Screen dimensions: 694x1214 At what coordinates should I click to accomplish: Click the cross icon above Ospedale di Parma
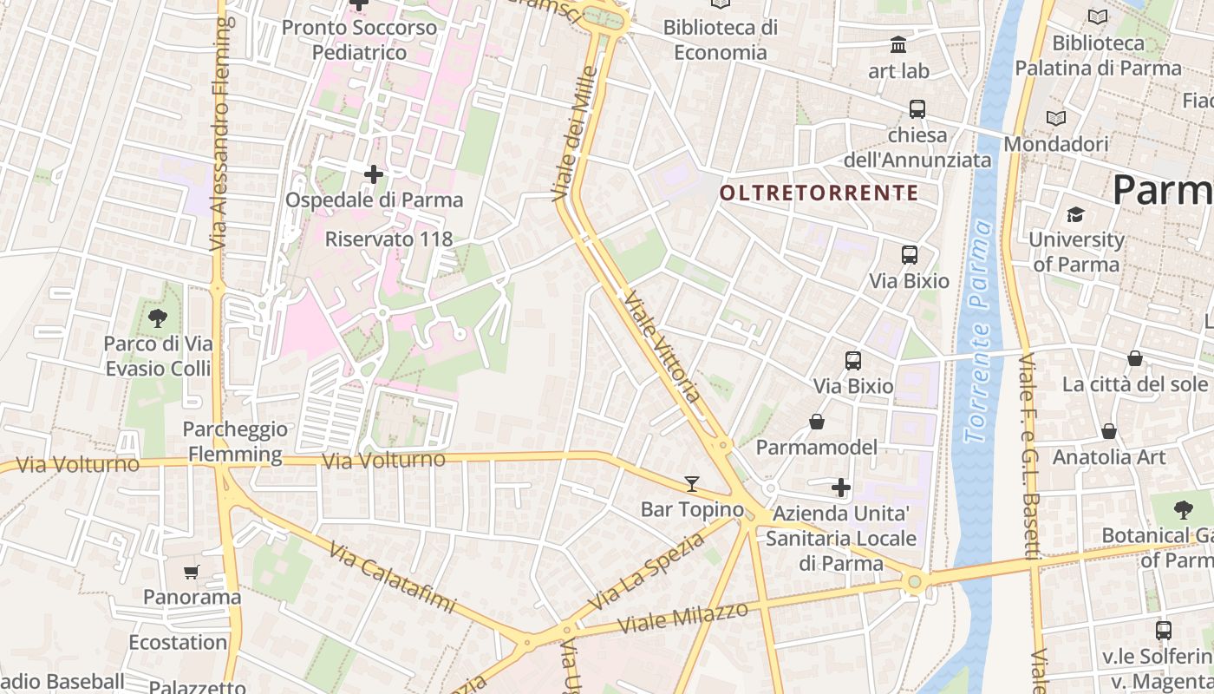click(374, 175)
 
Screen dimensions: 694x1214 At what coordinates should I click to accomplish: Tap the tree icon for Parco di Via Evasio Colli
click(158, 318)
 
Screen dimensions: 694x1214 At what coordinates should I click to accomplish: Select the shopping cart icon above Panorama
click(192, 572)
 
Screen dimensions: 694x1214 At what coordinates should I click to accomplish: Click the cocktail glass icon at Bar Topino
click(691, 484)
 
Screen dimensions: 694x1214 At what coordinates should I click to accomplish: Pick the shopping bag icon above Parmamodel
click(816, 422)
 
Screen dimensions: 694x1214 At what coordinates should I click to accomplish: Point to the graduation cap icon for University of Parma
click(1075, 214)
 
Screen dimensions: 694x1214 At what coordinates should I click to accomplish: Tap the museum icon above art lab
click(898, 44)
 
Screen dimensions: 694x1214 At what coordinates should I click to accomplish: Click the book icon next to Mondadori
click(1056, 119)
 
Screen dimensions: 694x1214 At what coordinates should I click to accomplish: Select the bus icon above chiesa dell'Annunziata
click(917, 109)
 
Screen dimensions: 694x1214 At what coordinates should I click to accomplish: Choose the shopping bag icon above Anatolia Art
click(1109, 431)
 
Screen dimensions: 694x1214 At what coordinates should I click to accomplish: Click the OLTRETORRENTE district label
click(819, 193)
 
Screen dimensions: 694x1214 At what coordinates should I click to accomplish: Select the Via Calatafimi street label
click(391, 577)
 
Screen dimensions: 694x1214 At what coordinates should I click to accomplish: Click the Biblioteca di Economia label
click(721, 40)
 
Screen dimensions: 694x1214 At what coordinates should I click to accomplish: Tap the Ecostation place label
click(178, 643)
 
